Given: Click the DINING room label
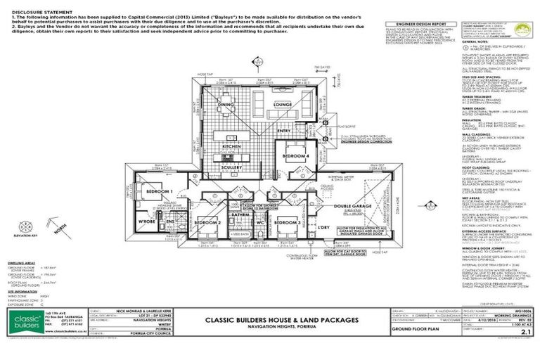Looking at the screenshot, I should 226,105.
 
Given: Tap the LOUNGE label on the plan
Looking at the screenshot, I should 283,105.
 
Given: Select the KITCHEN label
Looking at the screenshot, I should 233,147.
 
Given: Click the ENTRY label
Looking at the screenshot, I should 284,130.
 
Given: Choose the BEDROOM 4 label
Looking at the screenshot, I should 295,155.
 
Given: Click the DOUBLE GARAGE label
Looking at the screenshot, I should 348,206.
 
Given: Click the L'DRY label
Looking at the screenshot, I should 323,228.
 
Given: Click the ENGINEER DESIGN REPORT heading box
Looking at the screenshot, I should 416,23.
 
